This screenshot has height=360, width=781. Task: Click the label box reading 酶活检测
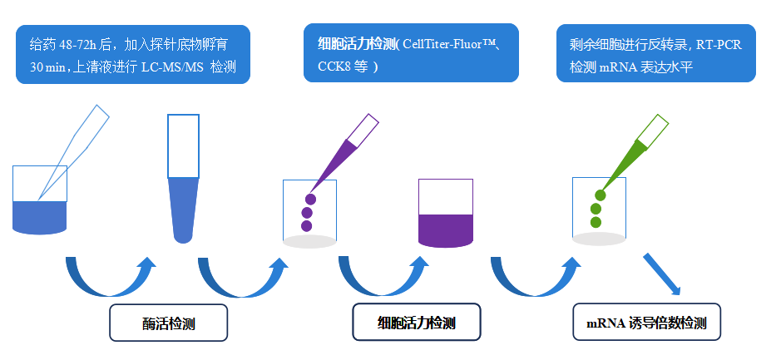168,323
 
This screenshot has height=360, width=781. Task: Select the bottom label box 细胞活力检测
416,322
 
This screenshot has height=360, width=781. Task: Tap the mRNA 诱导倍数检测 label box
646,322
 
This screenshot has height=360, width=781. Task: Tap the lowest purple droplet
306,226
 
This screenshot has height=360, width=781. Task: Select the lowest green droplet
596,222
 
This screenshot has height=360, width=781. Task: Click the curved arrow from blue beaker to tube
108,279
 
